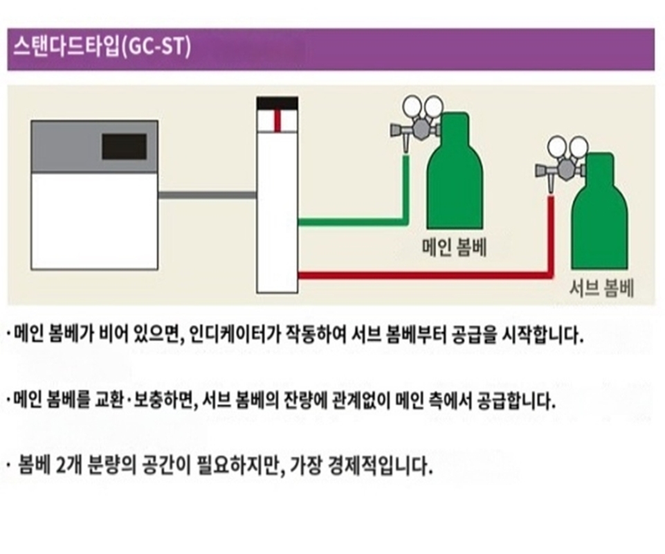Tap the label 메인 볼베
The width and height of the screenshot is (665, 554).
click(454, 248)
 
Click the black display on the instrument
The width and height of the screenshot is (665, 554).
click(124, 146)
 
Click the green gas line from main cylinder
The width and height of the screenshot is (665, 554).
click(353, 222)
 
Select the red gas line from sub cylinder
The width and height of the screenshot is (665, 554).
click(422, 274)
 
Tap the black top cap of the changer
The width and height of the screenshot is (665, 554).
click(277, 102)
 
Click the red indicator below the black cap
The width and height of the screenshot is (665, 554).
click(277, 120)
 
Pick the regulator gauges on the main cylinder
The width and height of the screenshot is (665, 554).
click(423, 108)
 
